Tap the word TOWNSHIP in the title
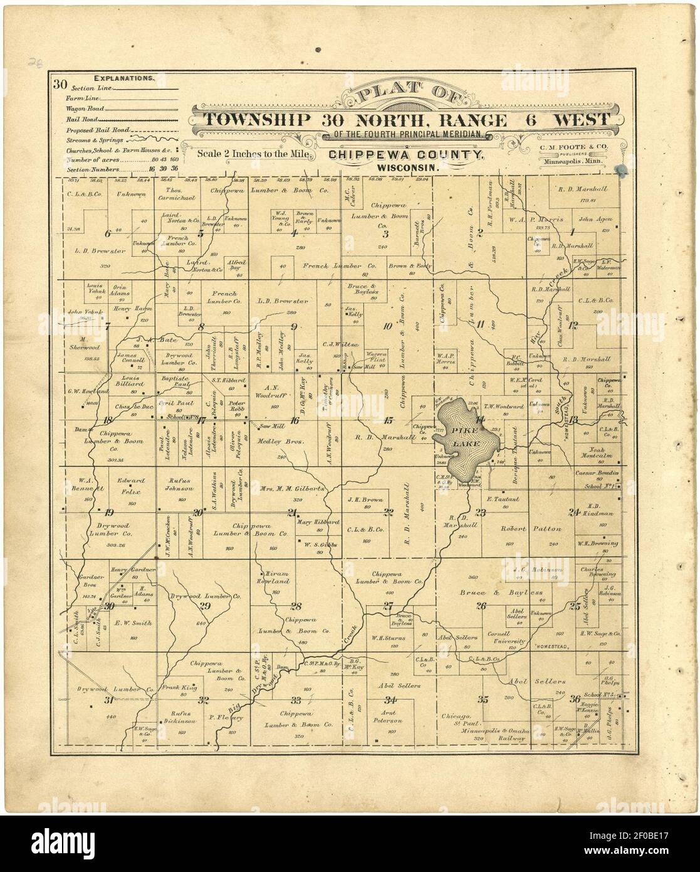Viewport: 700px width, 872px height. pyautogui.click(x=256, y=120)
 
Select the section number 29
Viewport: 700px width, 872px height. pyautogui.click(x=204, y=605)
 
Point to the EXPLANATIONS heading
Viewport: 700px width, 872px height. pyautogui.click(x=123, y=79)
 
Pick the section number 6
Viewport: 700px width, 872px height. pyautogui.click(x=108, y=234)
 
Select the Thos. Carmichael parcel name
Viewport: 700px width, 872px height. pyautogui.click(x=180, y=193)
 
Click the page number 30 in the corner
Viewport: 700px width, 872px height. pyautogui.click(x=60, y=83)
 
